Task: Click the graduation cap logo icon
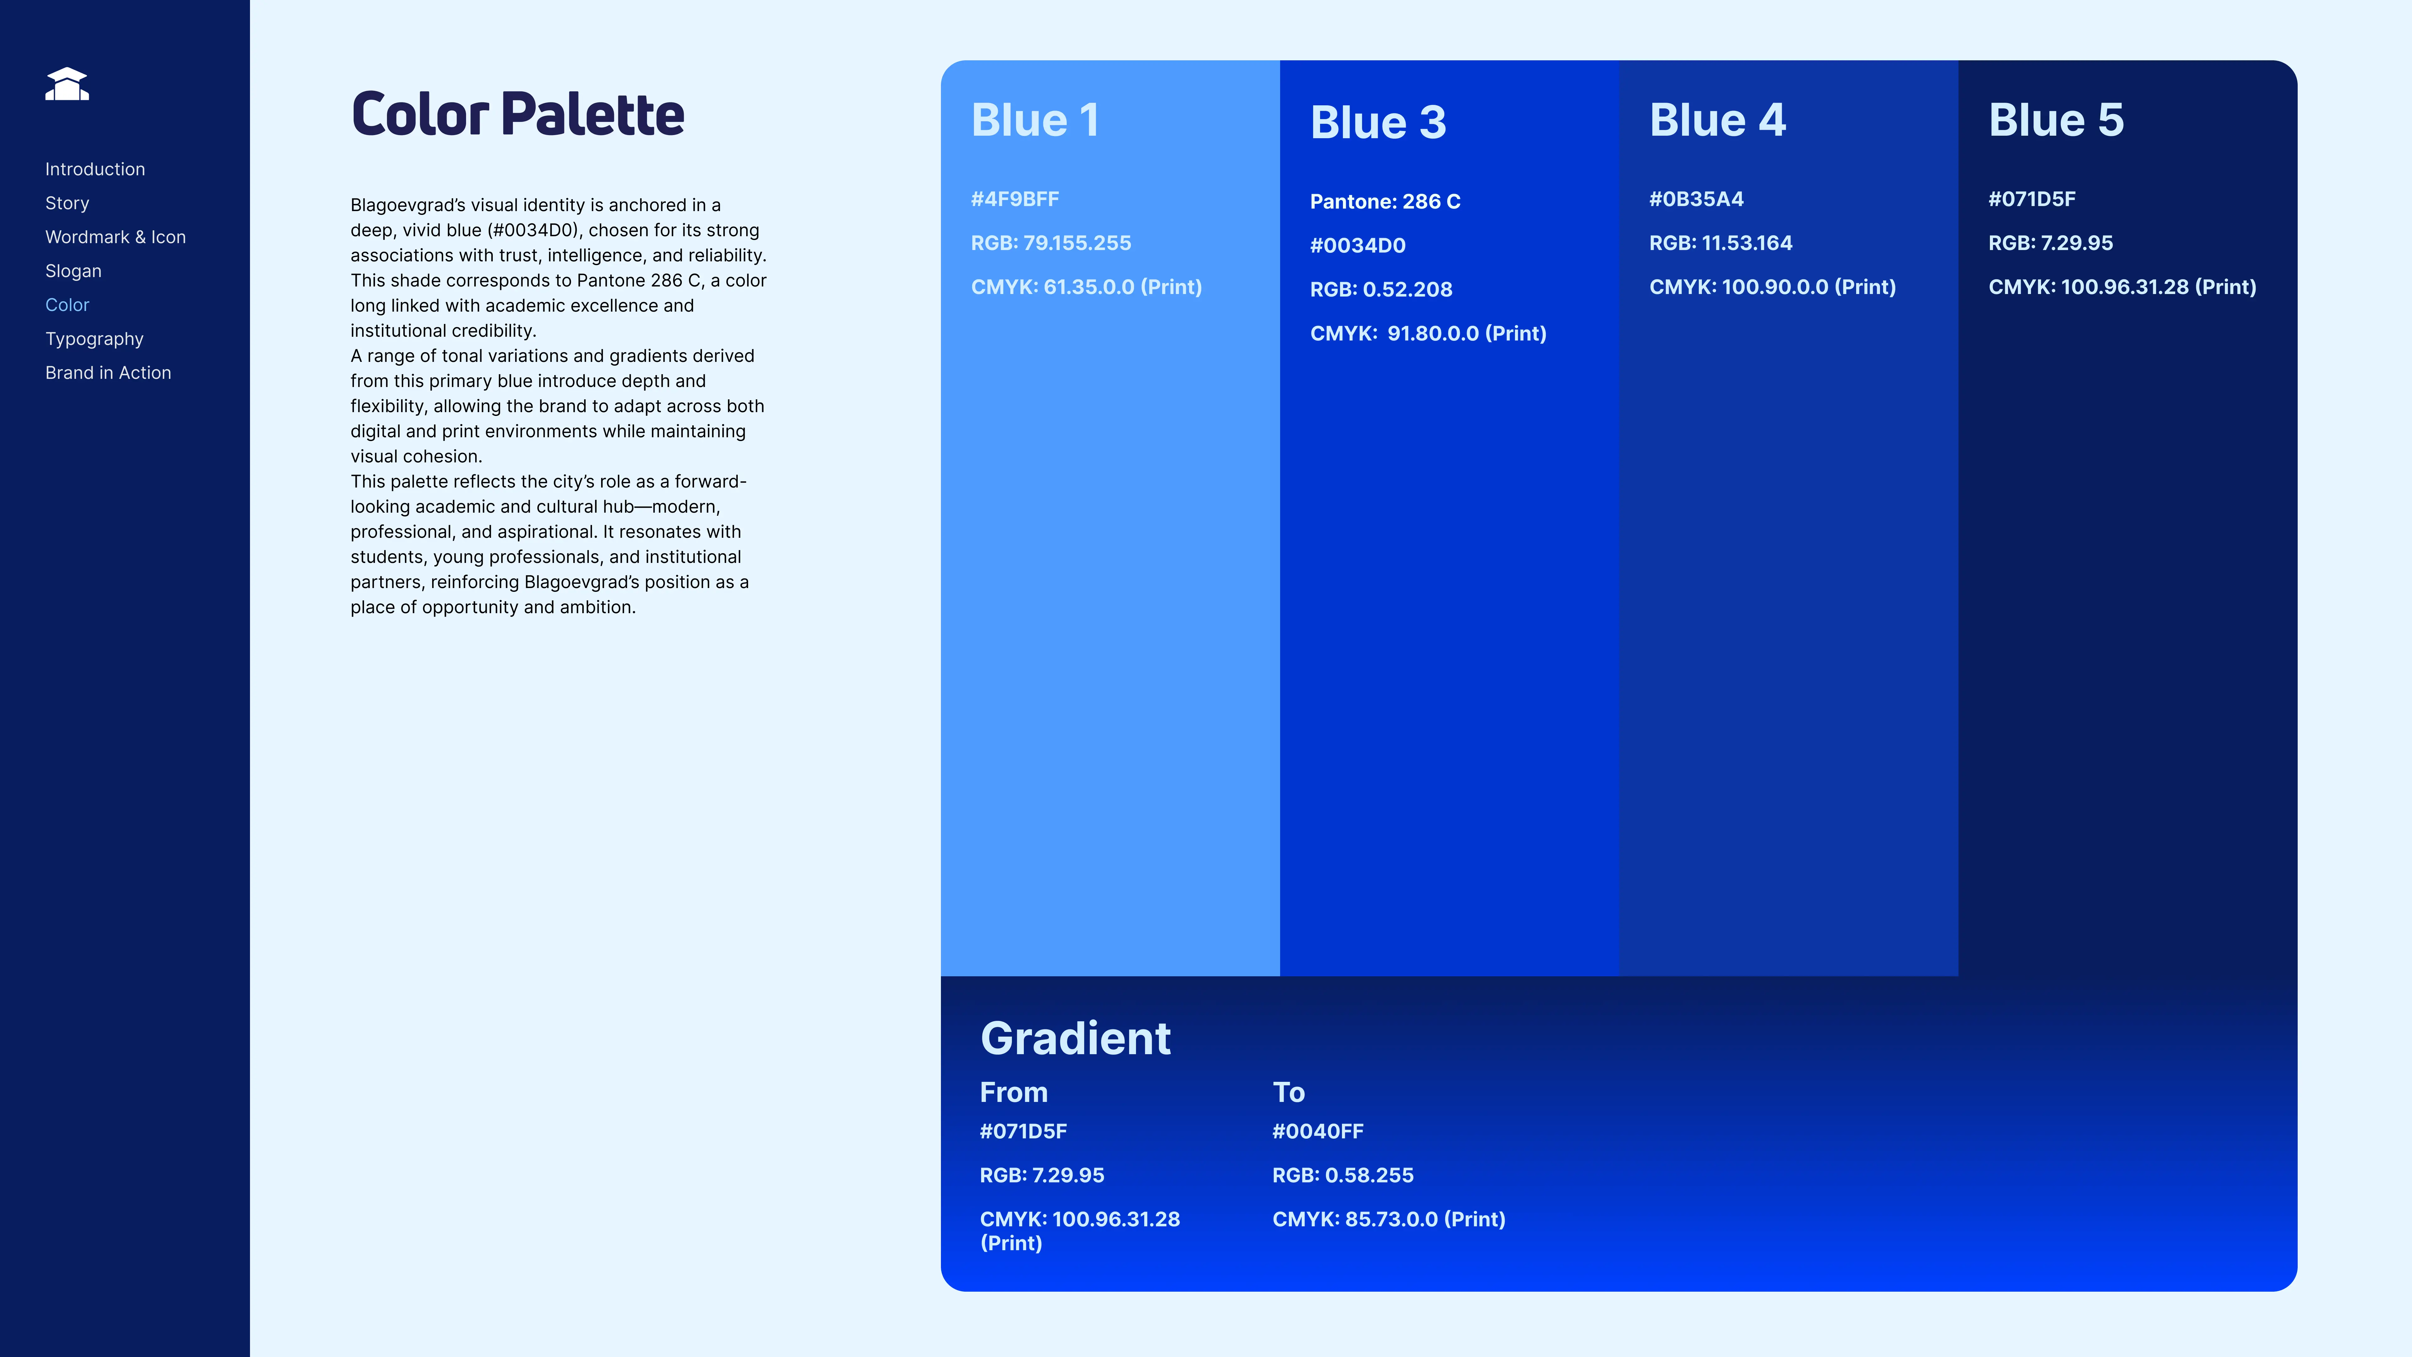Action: [x=67, y=84]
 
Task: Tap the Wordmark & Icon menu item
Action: [x=115, y=237]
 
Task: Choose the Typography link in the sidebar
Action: [x=94, y=339]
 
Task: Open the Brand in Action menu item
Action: [x=108, y=373]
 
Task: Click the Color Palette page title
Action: [x=517, y=114]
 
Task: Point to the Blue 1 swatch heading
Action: [x=1035, y=120]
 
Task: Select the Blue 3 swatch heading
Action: [x=1377, y=123]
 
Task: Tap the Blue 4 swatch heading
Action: [x=1717, y=120]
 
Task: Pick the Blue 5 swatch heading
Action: [x=2056, y=120]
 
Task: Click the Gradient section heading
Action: [x=1075, y=1038]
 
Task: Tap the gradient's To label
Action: [x=1288, y=1092]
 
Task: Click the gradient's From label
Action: [x=1013, y=1092]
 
